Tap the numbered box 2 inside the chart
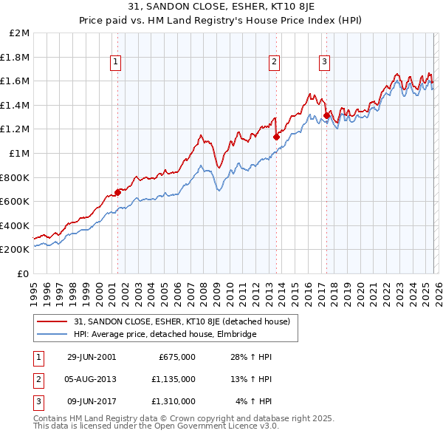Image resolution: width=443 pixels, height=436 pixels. (274, 63)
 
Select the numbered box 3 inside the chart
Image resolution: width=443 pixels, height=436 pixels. (324, 63)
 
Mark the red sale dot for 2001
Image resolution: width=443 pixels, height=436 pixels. (117, 192)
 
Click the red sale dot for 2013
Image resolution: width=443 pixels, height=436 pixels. (275, 137)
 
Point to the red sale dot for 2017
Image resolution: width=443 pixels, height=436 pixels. (326, 115)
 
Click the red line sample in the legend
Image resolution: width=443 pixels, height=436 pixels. (52, 321)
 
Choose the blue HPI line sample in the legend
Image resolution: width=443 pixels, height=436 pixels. (52, 334)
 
